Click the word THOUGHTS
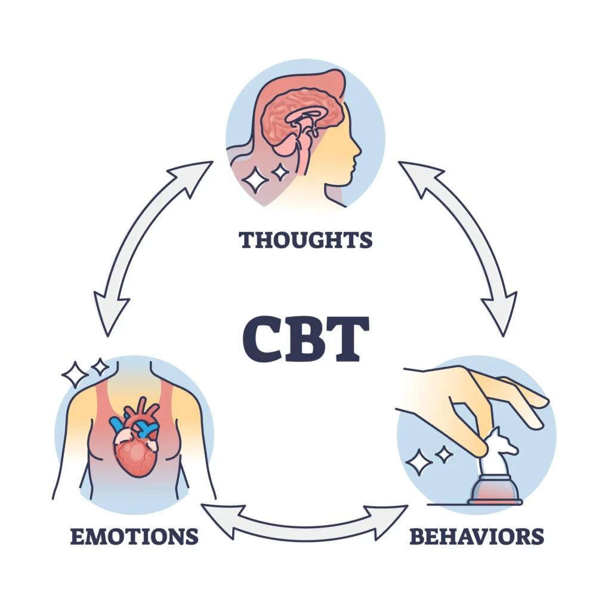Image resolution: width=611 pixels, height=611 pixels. pos(305,240)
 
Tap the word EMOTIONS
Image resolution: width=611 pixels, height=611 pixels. pos(134,536)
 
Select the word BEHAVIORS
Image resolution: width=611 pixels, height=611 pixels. pos(476,536)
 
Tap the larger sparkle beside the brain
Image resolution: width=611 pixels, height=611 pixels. pos(257,179)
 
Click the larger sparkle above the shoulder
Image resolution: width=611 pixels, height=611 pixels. pos(76,374)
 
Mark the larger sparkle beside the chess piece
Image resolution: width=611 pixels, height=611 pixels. pos(419,462)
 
